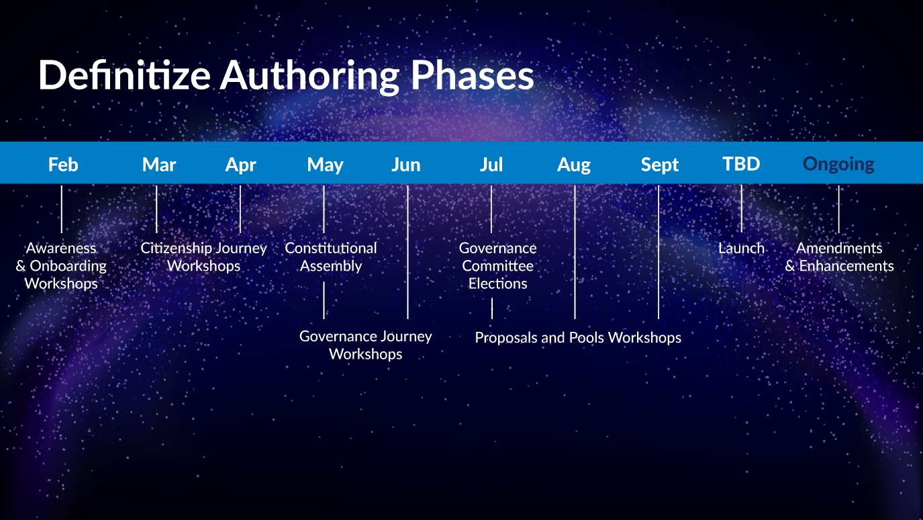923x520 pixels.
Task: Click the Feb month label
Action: click(x=63, y=165)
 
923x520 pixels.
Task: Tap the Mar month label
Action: click(x=159, y=165)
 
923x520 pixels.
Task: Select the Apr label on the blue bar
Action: click(x=240, y=165)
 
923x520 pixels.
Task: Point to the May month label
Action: click(x=325, y=165)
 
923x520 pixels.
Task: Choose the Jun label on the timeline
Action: click(x=406, y=165)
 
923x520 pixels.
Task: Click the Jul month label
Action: click(x=491, y=165)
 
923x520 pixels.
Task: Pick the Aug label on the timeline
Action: click(x=573, y=165)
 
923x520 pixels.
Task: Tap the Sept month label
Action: click(x=659, y=165)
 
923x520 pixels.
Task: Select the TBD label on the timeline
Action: click(x=741, y=164)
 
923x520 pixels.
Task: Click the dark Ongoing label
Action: click(x=838, y=165)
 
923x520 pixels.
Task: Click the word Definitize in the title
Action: click(x=124, y=75)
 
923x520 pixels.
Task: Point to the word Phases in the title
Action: click(x=472, y=75)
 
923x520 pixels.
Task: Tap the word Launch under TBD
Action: click(x=741, y=248)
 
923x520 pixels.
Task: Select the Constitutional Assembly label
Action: click(x=331, y=257)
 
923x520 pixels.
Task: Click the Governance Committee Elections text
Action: click(x=498, y=265)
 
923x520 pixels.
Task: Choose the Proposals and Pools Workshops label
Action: click(x=578, y=337)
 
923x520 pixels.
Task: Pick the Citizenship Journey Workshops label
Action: click(x=203, y=257)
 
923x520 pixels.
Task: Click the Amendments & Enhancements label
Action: click(x=839, y=257)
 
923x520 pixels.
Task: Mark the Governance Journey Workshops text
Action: click(x=365, y=345)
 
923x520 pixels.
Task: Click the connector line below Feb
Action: click(x=61, y=209)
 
